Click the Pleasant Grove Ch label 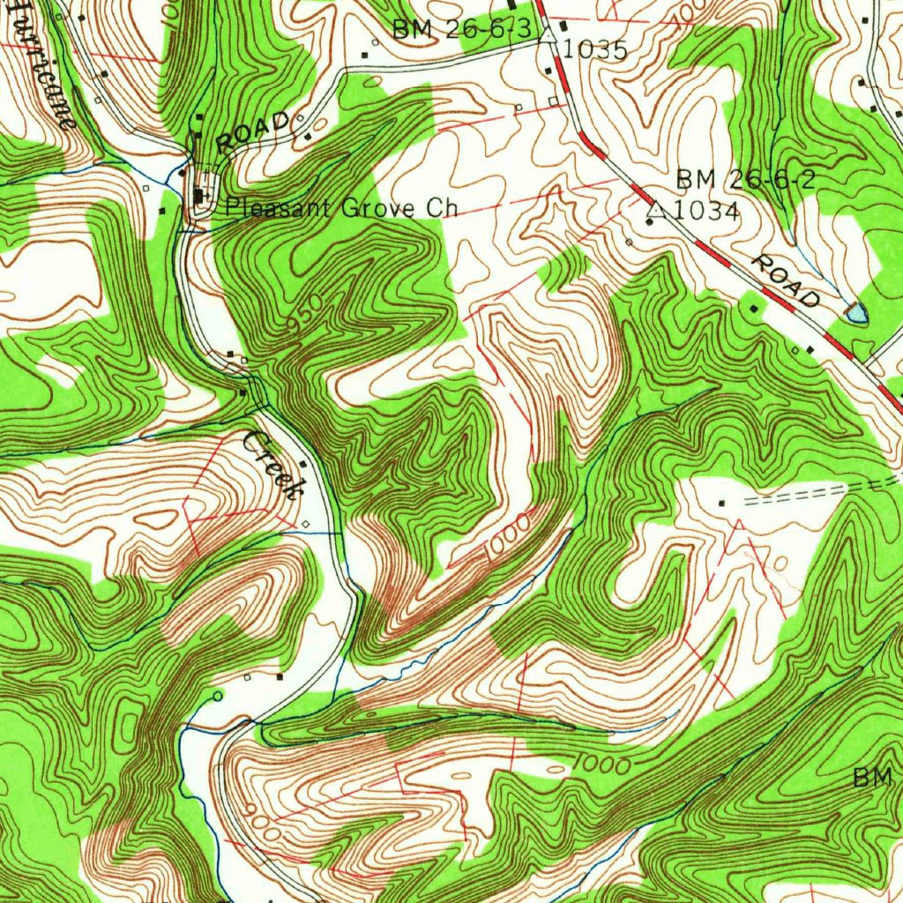(341, 208)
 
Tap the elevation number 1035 (595, 50)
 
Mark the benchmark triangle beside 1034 (655, 209)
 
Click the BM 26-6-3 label (462, 28)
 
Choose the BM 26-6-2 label (745, 180)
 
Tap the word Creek (274, 465)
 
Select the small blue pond (854, 310)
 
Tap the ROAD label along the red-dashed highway (786, 280)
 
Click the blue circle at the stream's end (218, 697)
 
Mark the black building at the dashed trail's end (722, 503)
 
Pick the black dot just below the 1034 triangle (650, 222)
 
